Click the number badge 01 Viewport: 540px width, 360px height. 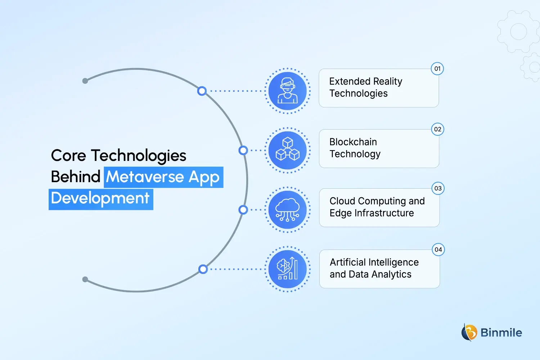coord(437,69)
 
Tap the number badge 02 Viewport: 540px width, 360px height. coord(438,129)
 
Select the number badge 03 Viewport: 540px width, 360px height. coord(438,188)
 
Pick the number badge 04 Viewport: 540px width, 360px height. coord(438,249)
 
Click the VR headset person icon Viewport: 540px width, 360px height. coord(288,91)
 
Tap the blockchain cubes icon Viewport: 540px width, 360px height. coord(288,150)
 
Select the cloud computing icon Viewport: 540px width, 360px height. coord(288,210)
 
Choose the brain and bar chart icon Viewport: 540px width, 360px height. coord(288,269)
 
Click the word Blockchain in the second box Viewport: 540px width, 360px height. coord(353,142)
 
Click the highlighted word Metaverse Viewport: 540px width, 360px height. coord(145,177)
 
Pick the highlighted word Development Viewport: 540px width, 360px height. coord(100,198)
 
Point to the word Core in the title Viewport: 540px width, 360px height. coord(68,156)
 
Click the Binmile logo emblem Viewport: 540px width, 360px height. coord(469,332)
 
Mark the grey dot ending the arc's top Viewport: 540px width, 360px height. coord(85,81)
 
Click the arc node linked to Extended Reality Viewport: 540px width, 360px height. coord(202,91)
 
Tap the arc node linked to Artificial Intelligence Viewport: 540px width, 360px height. coord(203,269)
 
